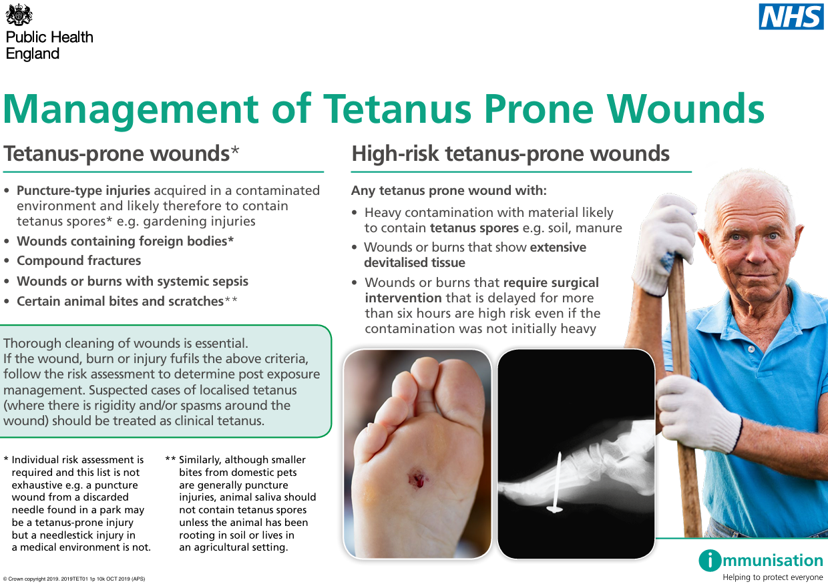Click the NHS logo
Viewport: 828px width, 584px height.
(791, 17)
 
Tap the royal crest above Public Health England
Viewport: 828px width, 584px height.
(19, 14)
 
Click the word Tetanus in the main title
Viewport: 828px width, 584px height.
(397, 109)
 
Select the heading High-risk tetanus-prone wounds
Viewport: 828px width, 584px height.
(510, 154)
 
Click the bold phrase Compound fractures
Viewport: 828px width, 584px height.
(79, 261)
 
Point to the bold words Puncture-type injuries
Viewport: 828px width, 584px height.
(83, 191)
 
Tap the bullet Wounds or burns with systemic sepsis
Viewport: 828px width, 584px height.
(132, 282)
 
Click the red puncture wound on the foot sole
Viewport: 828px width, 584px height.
(418, 479)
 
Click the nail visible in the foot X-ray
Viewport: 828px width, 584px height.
(556, 483)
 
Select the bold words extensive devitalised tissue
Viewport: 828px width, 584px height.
(475, 255)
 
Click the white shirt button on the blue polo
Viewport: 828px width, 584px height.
(751, 348)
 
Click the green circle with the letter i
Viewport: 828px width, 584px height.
(710, 561)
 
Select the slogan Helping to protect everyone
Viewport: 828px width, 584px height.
(773, 577)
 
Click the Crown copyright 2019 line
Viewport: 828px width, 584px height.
(74, 579)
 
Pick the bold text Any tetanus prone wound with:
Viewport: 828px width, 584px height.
(449, 191)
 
